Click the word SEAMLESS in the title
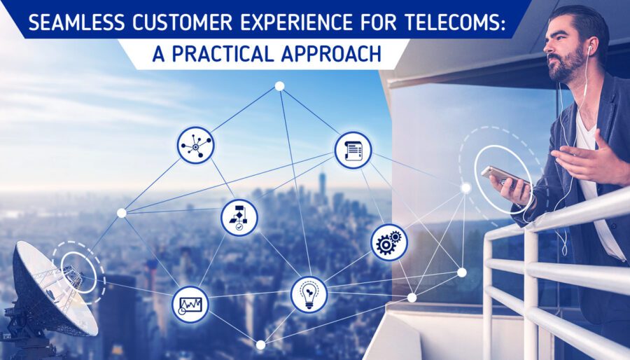(x=76, y=23)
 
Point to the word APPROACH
(x=331, y=53)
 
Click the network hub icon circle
(x=196, y=145)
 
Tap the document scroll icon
(x=353, y=151)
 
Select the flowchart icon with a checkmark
(x=239, y=217)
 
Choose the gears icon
(x=389, y=242)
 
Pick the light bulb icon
(x=309, y=294)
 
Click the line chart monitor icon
(x=190, y=305)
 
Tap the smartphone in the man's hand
(x=504, y=176)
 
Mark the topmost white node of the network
(x=279, y=86)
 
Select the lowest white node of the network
(x=261, y=345)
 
